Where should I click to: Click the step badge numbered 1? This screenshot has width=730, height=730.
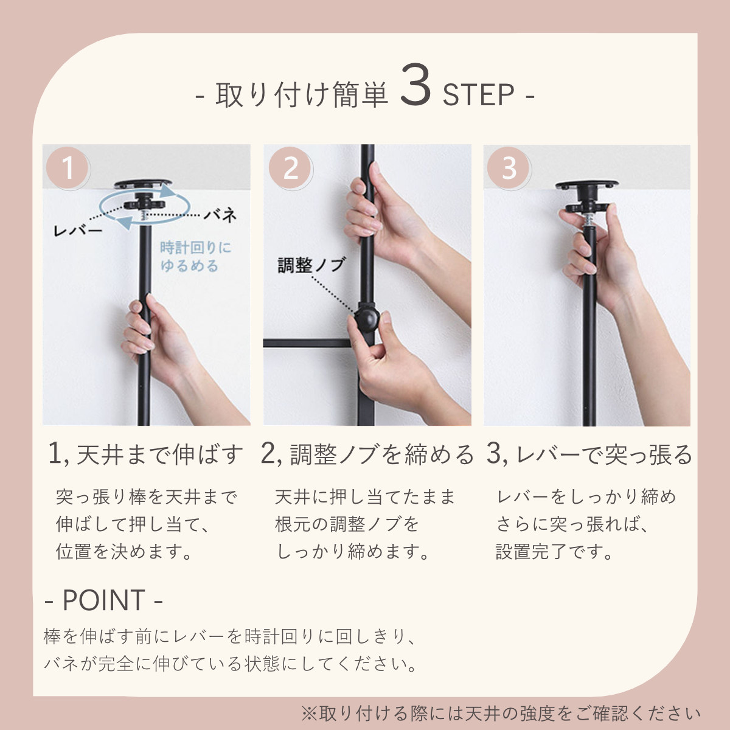tap(68, 168)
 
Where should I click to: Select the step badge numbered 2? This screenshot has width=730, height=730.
tap(291, 168)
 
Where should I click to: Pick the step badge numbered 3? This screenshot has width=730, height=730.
tap(509, 168)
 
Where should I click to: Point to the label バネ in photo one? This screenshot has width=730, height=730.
tap(220, 215)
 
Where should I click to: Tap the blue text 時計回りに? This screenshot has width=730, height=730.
tap(195, 248)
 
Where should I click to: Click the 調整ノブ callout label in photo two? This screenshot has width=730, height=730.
tap(311, 265)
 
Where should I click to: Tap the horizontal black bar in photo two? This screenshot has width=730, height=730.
tap(307, 343)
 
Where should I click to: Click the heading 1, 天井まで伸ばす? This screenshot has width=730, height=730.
tap(145, 454)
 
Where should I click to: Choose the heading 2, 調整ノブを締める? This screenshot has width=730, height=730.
tap(367, 454)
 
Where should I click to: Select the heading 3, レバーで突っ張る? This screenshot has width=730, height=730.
tap(589, 454)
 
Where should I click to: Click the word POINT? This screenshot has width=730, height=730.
tap(103, 600)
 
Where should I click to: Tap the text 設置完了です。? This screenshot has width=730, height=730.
tap(554, 552)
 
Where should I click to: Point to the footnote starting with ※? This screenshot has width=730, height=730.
tap(500, 713)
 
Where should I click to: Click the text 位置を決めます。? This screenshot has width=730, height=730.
tap(125, 552)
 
